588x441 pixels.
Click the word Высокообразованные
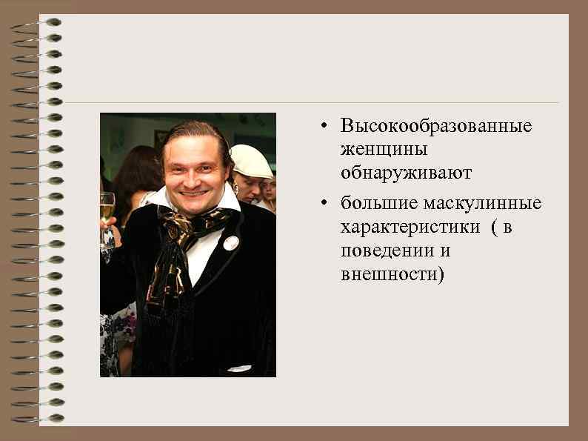(x=436, y=126)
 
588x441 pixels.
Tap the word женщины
(x=384, y=150)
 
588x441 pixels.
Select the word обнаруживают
(x=406, y=173)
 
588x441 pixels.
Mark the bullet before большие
(x=324, y=204)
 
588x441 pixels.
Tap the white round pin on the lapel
(x=231, y=242)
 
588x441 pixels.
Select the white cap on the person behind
(x=250, y=161)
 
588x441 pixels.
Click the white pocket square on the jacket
(x=238, y=368)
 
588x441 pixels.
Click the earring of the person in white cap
(x=236, y=188)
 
